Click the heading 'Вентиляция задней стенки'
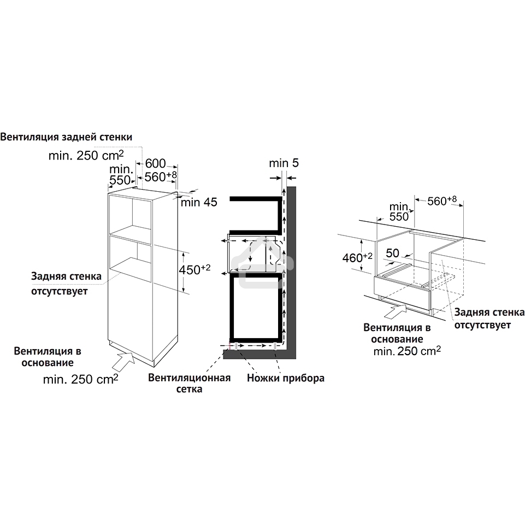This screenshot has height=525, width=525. (x=66, y=137)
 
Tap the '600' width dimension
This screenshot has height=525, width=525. (x=155, y=163)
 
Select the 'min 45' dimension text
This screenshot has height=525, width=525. (x=199, y=203)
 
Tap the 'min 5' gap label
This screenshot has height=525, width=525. (x=284, y=163)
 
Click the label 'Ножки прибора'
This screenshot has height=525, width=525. (x=286, y=377)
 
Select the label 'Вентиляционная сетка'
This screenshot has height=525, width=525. (x=189, y=383)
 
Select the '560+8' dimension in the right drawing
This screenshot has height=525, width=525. (x=442, y=201)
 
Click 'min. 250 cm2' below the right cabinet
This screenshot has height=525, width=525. (x=407, y=351)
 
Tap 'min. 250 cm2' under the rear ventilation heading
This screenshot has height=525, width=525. (x=86, y=156)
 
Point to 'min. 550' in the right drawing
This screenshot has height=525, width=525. (x=399, y=211)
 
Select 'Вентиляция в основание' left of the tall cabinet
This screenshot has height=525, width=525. (x=44, y=356)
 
